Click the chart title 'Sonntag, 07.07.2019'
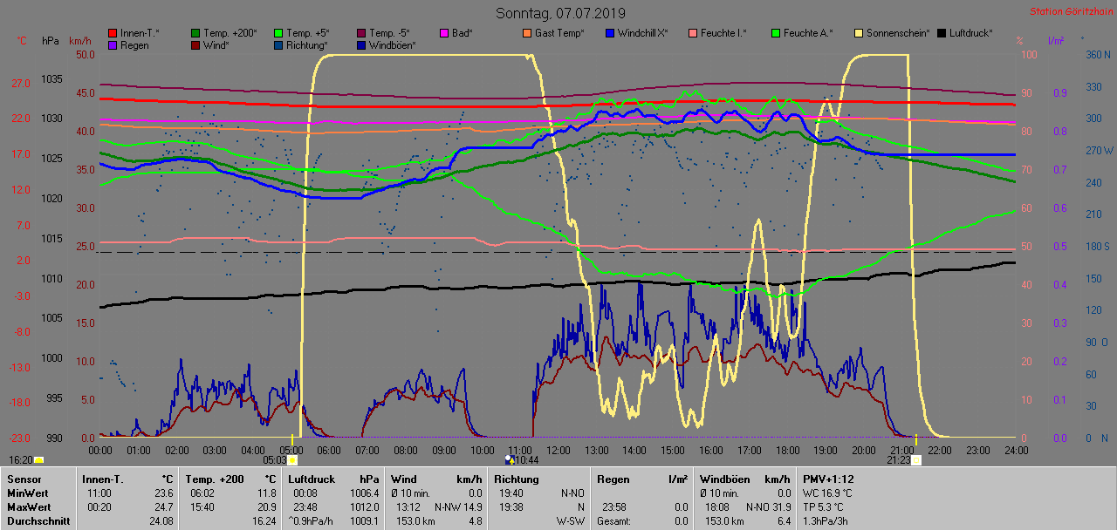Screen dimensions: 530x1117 tap(560, 13)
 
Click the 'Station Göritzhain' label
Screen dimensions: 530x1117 tap(1069, 11)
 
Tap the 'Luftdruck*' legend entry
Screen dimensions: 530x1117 tap(971, 33)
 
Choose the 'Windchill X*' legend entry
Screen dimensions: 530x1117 tap(642, 33)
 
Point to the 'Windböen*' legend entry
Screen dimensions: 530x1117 tap(391, 44)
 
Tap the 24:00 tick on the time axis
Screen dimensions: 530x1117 tap(1016, 450)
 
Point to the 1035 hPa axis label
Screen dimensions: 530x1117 tap(51, 79)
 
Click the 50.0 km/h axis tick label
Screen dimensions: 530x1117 tap(85, 54)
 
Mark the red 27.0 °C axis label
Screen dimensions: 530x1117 tap(20, 84)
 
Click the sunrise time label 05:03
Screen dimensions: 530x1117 tap(275, 459)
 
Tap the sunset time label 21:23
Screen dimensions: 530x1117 tap(899, 459)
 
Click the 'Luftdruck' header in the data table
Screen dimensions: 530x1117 tap(310, 479)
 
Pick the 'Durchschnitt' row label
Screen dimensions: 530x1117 tap(36, 520)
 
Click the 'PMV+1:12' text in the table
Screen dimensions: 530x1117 tap(829, 479)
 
